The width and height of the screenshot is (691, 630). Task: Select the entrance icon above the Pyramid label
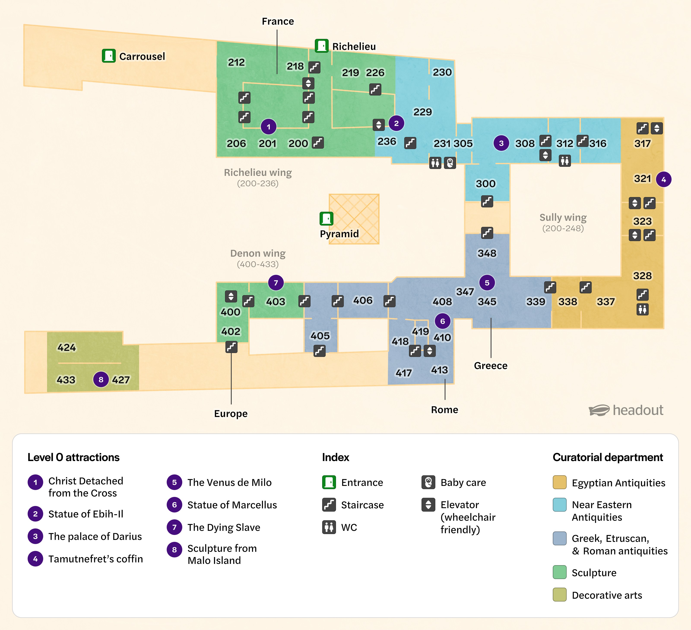click(x=326, y=218)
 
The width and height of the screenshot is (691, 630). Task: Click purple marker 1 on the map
click(x=268, y=127)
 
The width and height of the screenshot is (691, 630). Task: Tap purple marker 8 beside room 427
click(x=101, y=379)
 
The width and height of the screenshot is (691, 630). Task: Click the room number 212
click(x=236, y=62)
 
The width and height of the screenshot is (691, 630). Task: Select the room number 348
click(x=487, y=253)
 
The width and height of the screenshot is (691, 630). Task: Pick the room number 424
click(x=67, y=347)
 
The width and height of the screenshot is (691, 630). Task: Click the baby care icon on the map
click(x=450, y=162)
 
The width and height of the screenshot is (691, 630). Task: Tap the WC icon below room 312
click(x=564, y=161)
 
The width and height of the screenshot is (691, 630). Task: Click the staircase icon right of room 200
click(x=318, y=143)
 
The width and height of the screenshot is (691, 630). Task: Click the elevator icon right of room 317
click(x=656, y=128)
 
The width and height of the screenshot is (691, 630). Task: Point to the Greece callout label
click(x=490, y=366)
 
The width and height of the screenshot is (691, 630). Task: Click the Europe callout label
click(x=231, y=414)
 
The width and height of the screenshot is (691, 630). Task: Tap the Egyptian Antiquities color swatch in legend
click(x=559, y=482)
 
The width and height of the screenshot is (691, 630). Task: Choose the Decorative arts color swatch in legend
click(x=559, y=595)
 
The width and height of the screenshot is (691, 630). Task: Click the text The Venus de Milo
click(x=229, y=482)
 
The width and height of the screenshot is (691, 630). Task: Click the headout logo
click(x=626, y=410)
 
